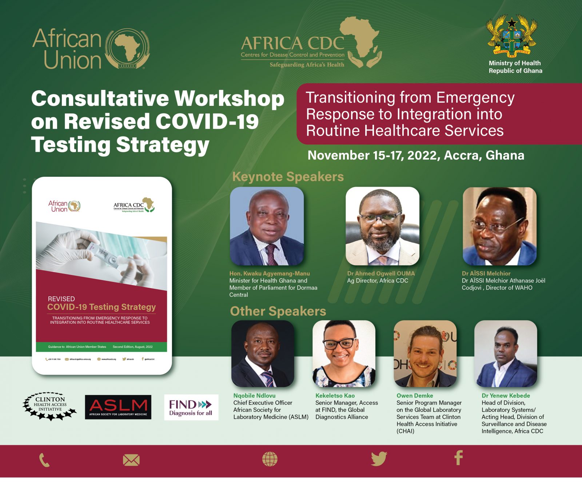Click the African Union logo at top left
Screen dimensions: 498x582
(x=91, y=49)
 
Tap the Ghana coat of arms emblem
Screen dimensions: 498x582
(x=512, y=36)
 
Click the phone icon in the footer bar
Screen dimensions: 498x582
(x=44, y=460)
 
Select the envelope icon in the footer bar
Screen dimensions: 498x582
(x=131, y=460)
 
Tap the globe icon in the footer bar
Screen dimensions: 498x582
(x=270, y=459)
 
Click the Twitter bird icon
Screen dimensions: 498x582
(x=379, y=459)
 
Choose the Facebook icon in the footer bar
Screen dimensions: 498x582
(x=459, y=458)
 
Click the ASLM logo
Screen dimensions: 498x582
(x=118, y=407)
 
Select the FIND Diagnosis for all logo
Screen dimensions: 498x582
(x=191, y=407)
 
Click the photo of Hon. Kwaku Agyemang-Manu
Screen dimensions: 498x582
(x=267, y=226)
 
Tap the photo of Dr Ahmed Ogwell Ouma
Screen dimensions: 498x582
(x=382, y=226)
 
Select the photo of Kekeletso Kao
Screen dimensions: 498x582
(x=344, y=354)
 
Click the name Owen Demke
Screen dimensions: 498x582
(x=415, y=395)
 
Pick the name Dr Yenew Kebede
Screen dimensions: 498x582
(x=506, y=395)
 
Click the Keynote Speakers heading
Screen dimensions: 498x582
(x=288, y=177)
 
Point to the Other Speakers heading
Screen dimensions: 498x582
(x=278, y=311)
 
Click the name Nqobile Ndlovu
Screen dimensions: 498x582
(x=254, y=395)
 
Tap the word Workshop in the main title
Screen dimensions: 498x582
(x=229, y=99)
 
